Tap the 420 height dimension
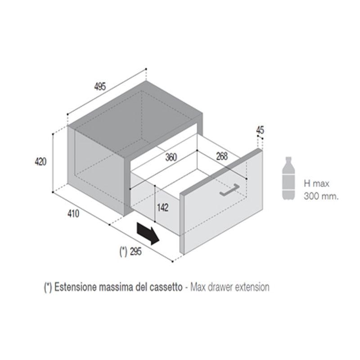41,162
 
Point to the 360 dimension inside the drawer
171,157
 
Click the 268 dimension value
221,156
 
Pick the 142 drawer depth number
163,207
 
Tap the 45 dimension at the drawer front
260,130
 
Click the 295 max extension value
135,252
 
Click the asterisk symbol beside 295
122,252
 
